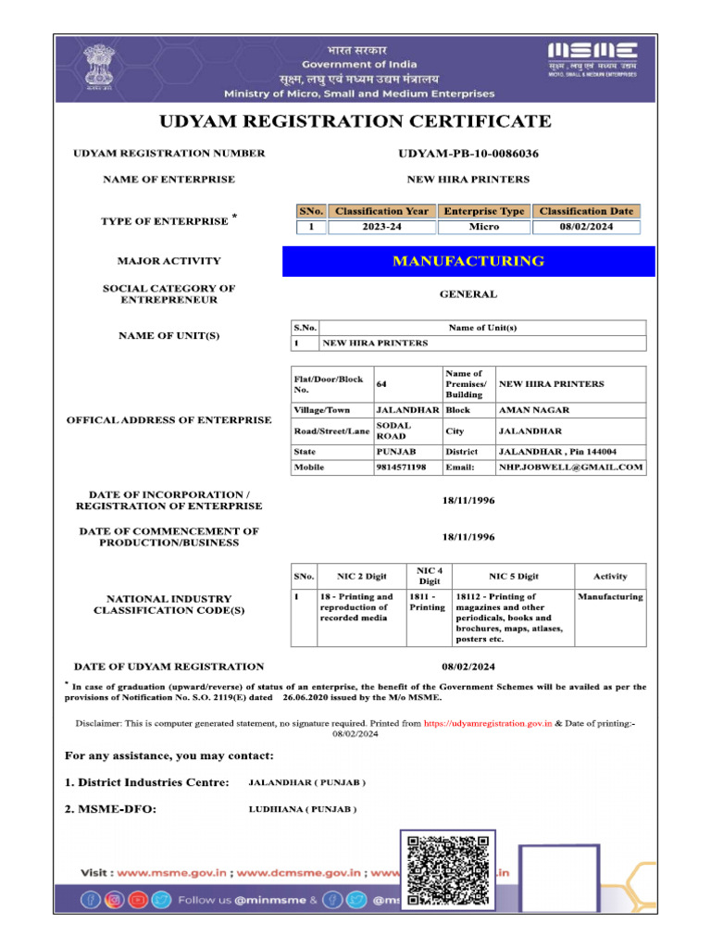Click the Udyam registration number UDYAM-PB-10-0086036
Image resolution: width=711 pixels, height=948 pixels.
pos(468,154)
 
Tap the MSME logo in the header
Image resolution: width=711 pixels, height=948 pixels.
pos(592,58)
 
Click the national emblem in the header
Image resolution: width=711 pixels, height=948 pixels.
pos(97,66)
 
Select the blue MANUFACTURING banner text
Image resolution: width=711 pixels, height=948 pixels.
pos(468,262)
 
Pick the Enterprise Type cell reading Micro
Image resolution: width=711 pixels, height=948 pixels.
pos(484,227)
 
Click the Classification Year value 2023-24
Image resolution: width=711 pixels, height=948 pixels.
pos(380,227)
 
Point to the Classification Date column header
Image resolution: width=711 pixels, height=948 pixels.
pos(586,211)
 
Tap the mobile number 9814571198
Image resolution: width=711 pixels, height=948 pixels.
pos(401,468)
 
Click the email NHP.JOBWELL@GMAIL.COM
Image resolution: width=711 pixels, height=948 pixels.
pos(570,468)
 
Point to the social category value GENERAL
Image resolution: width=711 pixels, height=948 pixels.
pos(468,294)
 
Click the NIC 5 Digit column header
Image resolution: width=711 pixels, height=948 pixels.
pos(514,576)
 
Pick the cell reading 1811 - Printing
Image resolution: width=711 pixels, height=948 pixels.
pos(428,603)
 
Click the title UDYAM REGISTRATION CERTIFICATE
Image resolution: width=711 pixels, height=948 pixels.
pos(355,121)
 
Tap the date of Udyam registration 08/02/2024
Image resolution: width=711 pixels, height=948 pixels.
pos(468,667)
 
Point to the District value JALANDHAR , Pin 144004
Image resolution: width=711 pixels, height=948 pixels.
pos(557,452)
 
